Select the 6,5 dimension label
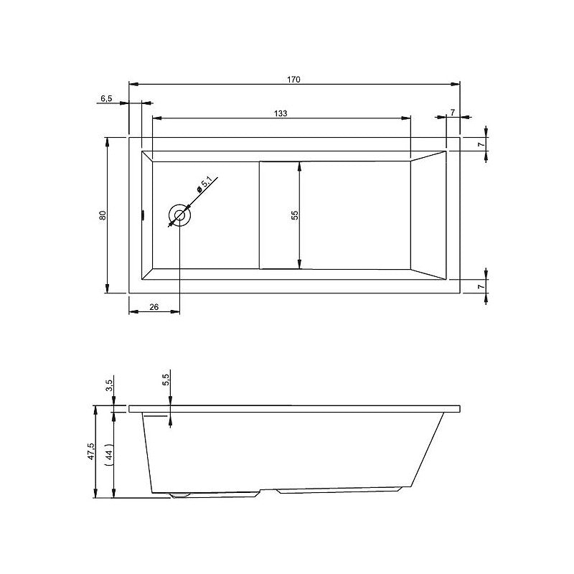pos(105,98)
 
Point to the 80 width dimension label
pos(103,215)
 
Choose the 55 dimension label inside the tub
pos(294,215)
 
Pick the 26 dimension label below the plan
pos(154,307)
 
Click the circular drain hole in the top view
pos(179,215)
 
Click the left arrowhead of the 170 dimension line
pos(132,83)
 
